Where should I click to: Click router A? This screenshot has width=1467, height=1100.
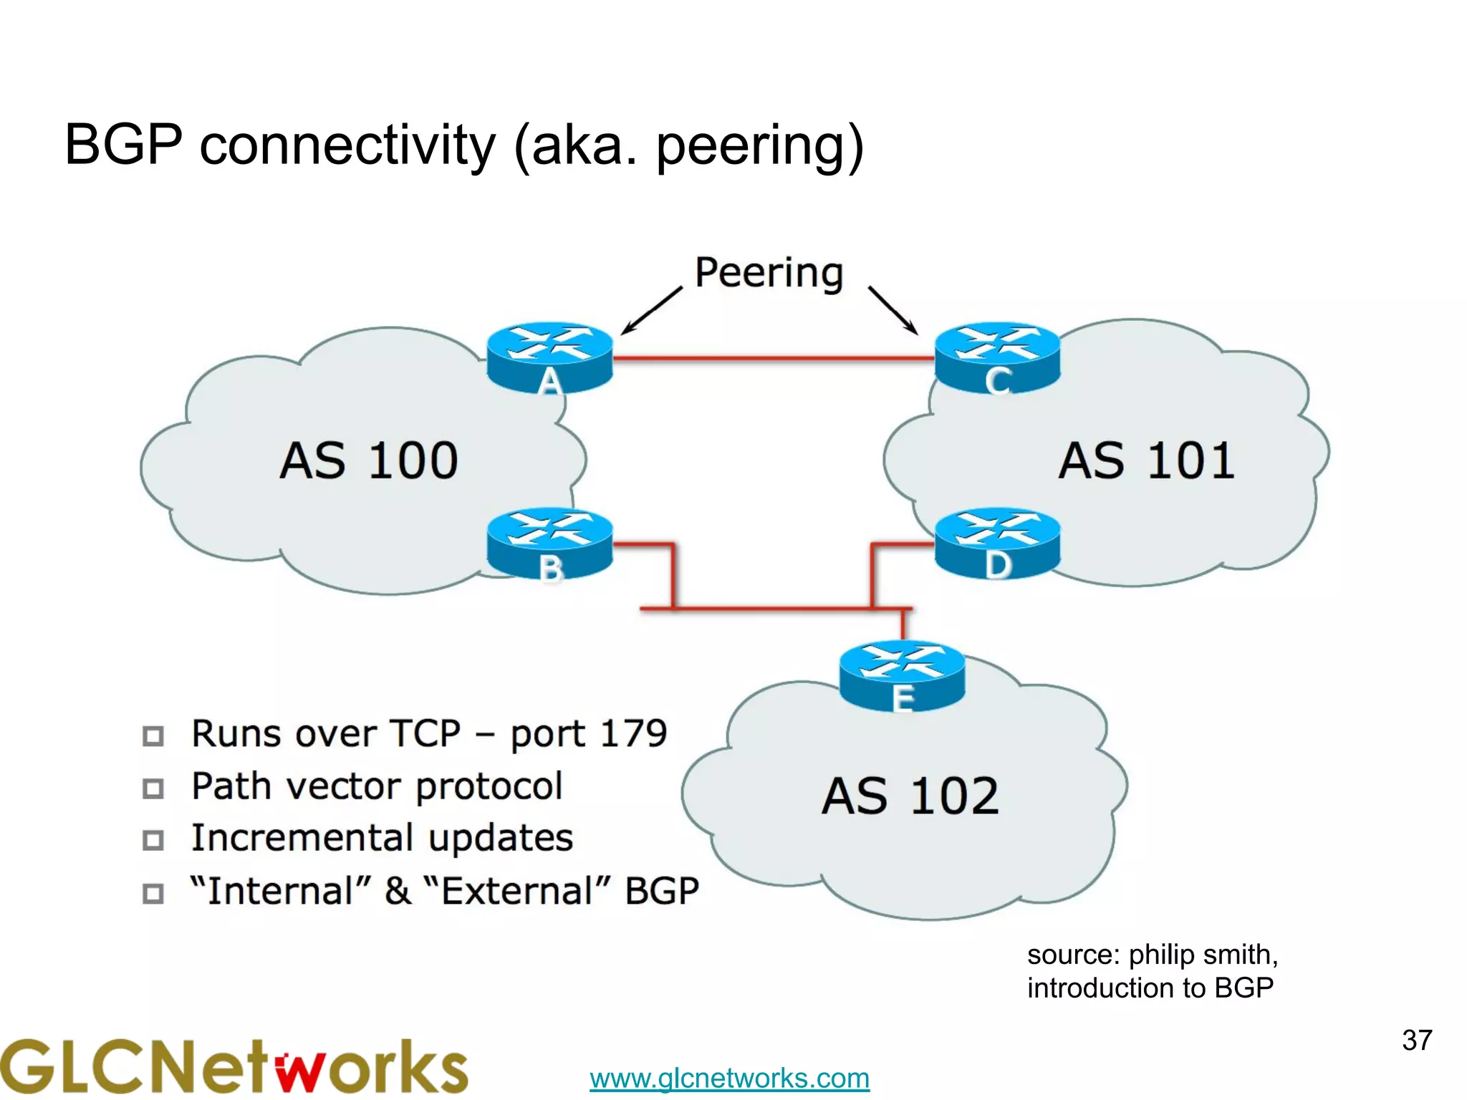pyautogui.click(x=549, y=356)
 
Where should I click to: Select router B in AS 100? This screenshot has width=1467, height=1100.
pyautogui.click(x=549, y=542)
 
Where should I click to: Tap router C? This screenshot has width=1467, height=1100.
pyautogui.click(x=997, y=356)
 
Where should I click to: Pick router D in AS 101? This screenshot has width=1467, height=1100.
pyautogui.click(x=997, y=542)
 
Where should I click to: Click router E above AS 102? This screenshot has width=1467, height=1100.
pyautogui.click(x=902, y=675)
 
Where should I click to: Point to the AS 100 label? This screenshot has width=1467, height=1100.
pyautogui.click(x=368, y=460)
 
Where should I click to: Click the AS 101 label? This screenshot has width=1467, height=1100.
pyautogui.click(x=1146, y=460)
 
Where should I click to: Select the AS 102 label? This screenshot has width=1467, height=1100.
pyautogui.click(x=910, y=796)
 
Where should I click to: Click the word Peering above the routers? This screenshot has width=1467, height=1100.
pyautogui.click(x=769, y=273)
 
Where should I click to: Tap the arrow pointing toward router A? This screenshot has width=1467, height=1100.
pyautogui.click(x=650, y=311)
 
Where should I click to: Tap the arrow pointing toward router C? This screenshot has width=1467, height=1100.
pyautogui.click(x=893, y=311)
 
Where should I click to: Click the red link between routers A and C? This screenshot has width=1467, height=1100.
pyautogui.click(x=774, y=357)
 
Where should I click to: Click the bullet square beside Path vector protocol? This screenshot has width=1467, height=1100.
pyautogui.click(x=153, y=788)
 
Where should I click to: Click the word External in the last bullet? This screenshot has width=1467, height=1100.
pyautogui.click(x=516, y=891)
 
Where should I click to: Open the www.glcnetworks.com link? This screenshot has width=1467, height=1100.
pyautogui.click(x=729, y=1078)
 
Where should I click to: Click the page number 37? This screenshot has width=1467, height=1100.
pyautogui.click(x=1416, y=1040)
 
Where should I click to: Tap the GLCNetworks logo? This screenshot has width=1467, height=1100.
pyautogui.click(x=233, y=1067)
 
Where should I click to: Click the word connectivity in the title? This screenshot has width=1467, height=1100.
pyautogui.click(x=347, y=145)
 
